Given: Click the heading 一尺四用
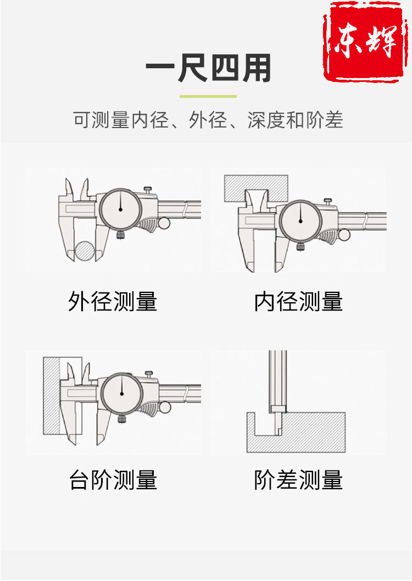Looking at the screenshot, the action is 209,70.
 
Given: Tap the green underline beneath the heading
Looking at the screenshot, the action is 208,97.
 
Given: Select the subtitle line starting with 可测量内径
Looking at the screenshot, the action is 208,120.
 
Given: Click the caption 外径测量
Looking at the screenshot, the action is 113,301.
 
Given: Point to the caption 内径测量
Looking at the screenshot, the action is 298,301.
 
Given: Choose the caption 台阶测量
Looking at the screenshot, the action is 113,480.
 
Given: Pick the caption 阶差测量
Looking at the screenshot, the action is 298,480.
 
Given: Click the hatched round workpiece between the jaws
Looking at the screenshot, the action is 85,251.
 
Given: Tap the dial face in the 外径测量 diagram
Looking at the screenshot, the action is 120,209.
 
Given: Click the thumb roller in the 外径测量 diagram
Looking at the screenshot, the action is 164,223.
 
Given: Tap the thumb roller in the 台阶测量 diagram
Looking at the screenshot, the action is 164,407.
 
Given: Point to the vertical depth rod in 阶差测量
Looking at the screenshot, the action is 277,379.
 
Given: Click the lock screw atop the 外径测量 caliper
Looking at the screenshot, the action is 148,190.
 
